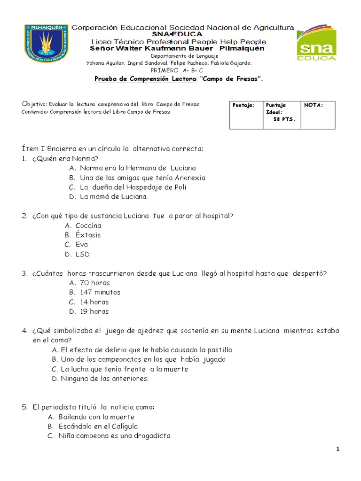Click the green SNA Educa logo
coord(316,43)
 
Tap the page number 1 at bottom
coord(337,450)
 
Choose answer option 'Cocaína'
coord(88,225)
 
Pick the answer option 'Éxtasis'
coord(88,235)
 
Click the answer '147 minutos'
coord(100,292)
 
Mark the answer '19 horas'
coord(94,311)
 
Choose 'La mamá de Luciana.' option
coord(113,197)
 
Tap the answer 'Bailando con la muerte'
coord(96,417)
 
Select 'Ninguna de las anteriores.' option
coord(104,379)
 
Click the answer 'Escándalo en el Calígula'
coord(98,427)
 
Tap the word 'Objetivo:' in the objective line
coord(34,104)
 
